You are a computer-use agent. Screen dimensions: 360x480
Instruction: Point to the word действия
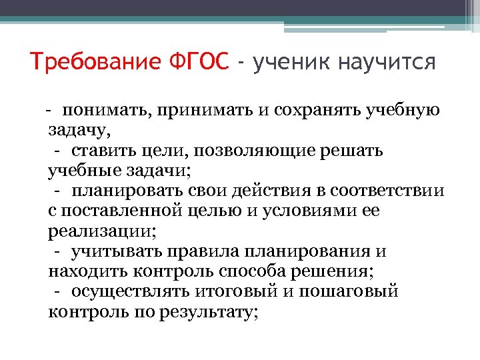tap(265, 191)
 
